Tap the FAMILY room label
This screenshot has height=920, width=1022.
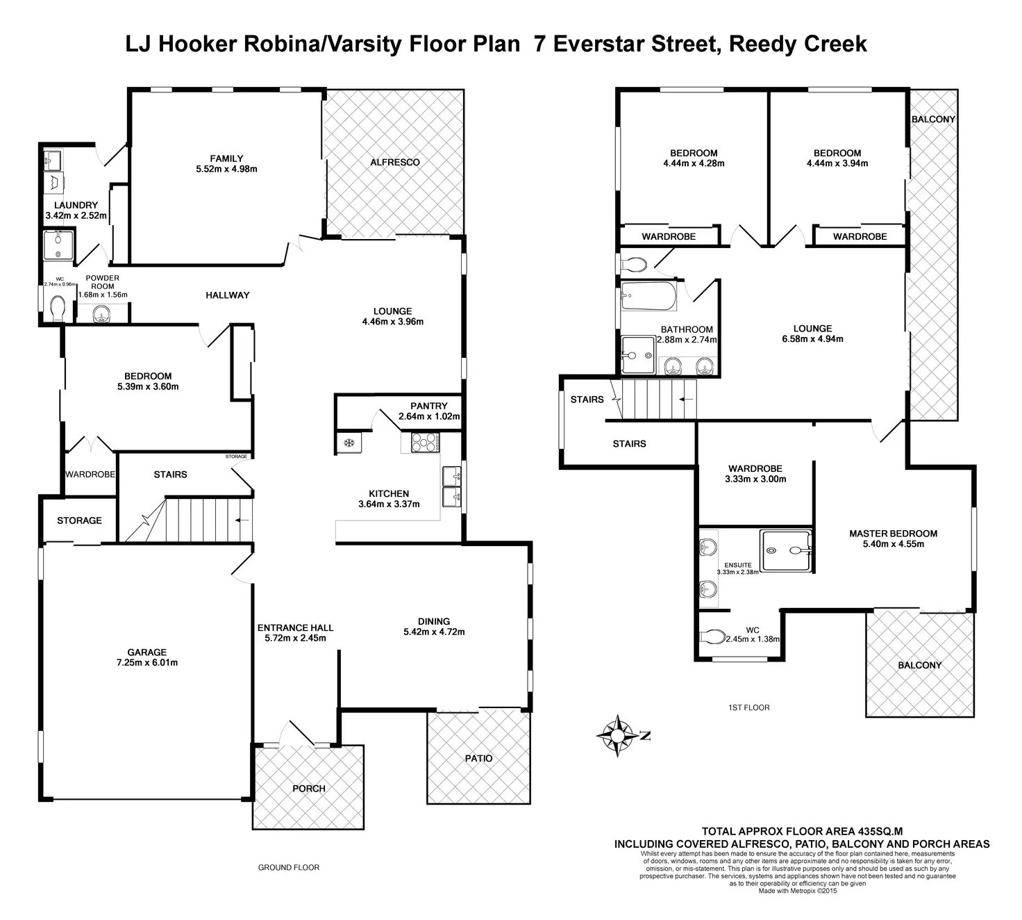coord(226,158)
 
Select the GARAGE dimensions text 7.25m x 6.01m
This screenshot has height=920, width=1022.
coord(146,662)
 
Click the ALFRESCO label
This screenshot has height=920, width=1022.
coord(394,162)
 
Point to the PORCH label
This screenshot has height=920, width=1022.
coord(309,788)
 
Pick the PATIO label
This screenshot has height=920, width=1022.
coord(478,758)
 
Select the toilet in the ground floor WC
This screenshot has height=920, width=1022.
coord(57,307)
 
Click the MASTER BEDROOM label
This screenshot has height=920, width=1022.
coord(893,534)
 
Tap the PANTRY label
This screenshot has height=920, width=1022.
coord(428,406)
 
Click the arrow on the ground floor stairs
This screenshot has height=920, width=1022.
coord(242,520)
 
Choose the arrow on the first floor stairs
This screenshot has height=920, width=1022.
coord(687,400)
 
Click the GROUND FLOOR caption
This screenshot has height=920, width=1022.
coord(289,867)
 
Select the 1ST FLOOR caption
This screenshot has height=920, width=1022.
coord(748,707)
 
